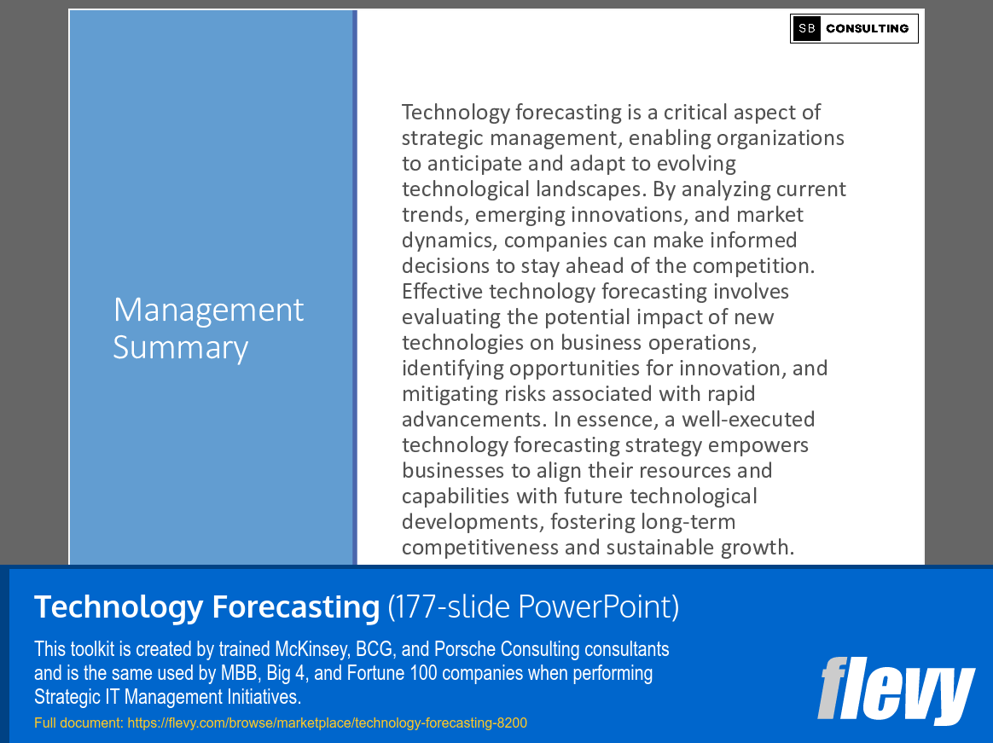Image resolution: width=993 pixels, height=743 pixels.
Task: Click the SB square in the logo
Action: point(806,28)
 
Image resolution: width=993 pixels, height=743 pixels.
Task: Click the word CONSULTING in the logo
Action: point(867,28)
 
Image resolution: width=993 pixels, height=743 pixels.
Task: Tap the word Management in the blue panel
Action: point(208,310)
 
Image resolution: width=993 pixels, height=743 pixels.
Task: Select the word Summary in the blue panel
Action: point(180,347)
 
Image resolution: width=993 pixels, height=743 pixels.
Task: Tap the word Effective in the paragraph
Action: point(442,292)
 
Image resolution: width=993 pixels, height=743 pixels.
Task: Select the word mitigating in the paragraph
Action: point(446,394)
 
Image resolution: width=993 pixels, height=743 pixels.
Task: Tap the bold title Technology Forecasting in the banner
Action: point(206,607)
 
